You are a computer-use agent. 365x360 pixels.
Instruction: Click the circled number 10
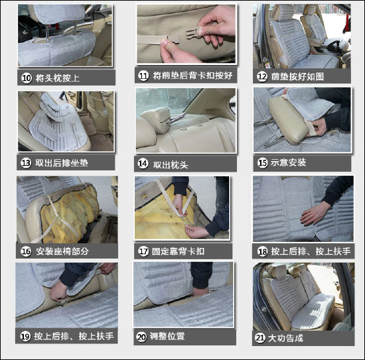click(x=27, y=78)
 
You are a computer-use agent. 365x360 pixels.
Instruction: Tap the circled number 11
click(x=143, y=76)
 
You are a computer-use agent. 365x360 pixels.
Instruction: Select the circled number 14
click(x=143, y=164)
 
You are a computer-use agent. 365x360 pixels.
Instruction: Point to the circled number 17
click(x=143, y=251)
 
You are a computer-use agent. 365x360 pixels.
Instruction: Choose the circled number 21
click(x=260, y=338)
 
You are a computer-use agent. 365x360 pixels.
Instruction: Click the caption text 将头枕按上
click(x=58, y=78)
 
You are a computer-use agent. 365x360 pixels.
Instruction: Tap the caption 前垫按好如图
click(x=297, y=76)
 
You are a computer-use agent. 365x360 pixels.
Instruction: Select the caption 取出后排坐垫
click(x=62, y=163)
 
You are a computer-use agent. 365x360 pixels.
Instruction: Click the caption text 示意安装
click(x=288, y=162)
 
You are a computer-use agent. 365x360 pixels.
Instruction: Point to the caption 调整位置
click(x=167, y=336)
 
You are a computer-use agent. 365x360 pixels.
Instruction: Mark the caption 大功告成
click(x=285, y=338)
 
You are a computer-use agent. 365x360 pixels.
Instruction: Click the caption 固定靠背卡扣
click(x=178, y=251)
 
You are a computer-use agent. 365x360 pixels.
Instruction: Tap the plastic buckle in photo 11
click(x=194, y=32)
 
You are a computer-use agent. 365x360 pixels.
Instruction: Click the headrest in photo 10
click(x=59, y=14)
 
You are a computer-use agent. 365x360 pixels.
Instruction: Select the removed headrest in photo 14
click(x=155, y=119)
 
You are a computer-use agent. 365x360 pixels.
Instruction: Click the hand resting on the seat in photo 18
click(x=315, y=213)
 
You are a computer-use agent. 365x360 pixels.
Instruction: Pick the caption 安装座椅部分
click(x=62, y=251)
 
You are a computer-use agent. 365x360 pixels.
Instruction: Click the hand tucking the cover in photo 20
click(x=200, y=291)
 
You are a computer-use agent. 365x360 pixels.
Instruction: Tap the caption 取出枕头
click(x=171, y=165)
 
